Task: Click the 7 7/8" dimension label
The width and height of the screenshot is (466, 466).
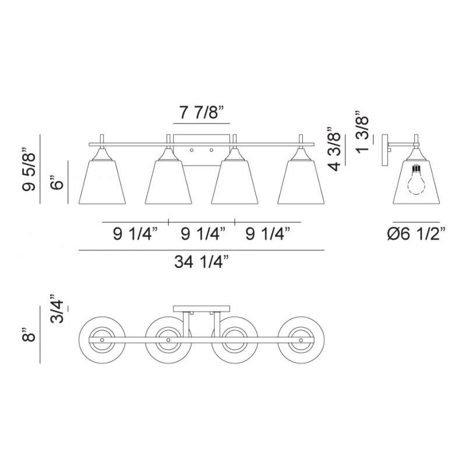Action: click(x=202, y=113)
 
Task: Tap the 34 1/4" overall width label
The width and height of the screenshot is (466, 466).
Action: click(x=201, y=262)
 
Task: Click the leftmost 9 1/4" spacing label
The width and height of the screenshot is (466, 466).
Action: click(x=135, y=234)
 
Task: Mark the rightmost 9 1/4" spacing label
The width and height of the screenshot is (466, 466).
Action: click(x=268, y=234)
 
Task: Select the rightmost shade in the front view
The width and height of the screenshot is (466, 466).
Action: click(x=301, y=182)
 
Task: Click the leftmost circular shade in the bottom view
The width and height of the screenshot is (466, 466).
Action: click(x=102, y=339)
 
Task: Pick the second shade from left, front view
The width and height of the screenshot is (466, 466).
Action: click(x=168, y=182)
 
